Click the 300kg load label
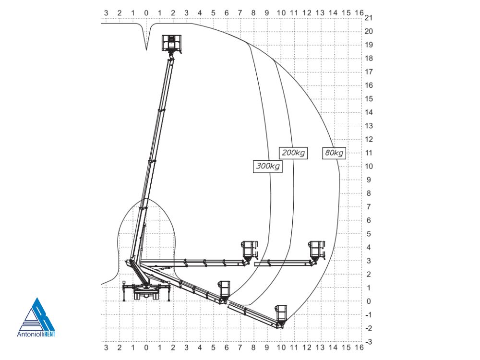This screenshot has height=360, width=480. click(268, 166)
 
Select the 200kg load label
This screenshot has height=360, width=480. click(293, 153)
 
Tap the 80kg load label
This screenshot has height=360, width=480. click(334, 153)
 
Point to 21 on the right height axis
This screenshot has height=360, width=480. click(369, 18)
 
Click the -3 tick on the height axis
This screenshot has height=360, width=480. click(369, 342)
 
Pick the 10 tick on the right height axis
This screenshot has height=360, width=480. click(369, 166)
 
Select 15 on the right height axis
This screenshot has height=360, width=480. click(369, 99)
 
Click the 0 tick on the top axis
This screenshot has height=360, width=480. click(146, 13)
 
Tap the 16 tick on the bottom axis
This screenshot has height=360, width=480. click(360, 348)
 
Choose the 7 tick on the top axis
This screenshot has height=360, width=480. click(240, 13)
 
